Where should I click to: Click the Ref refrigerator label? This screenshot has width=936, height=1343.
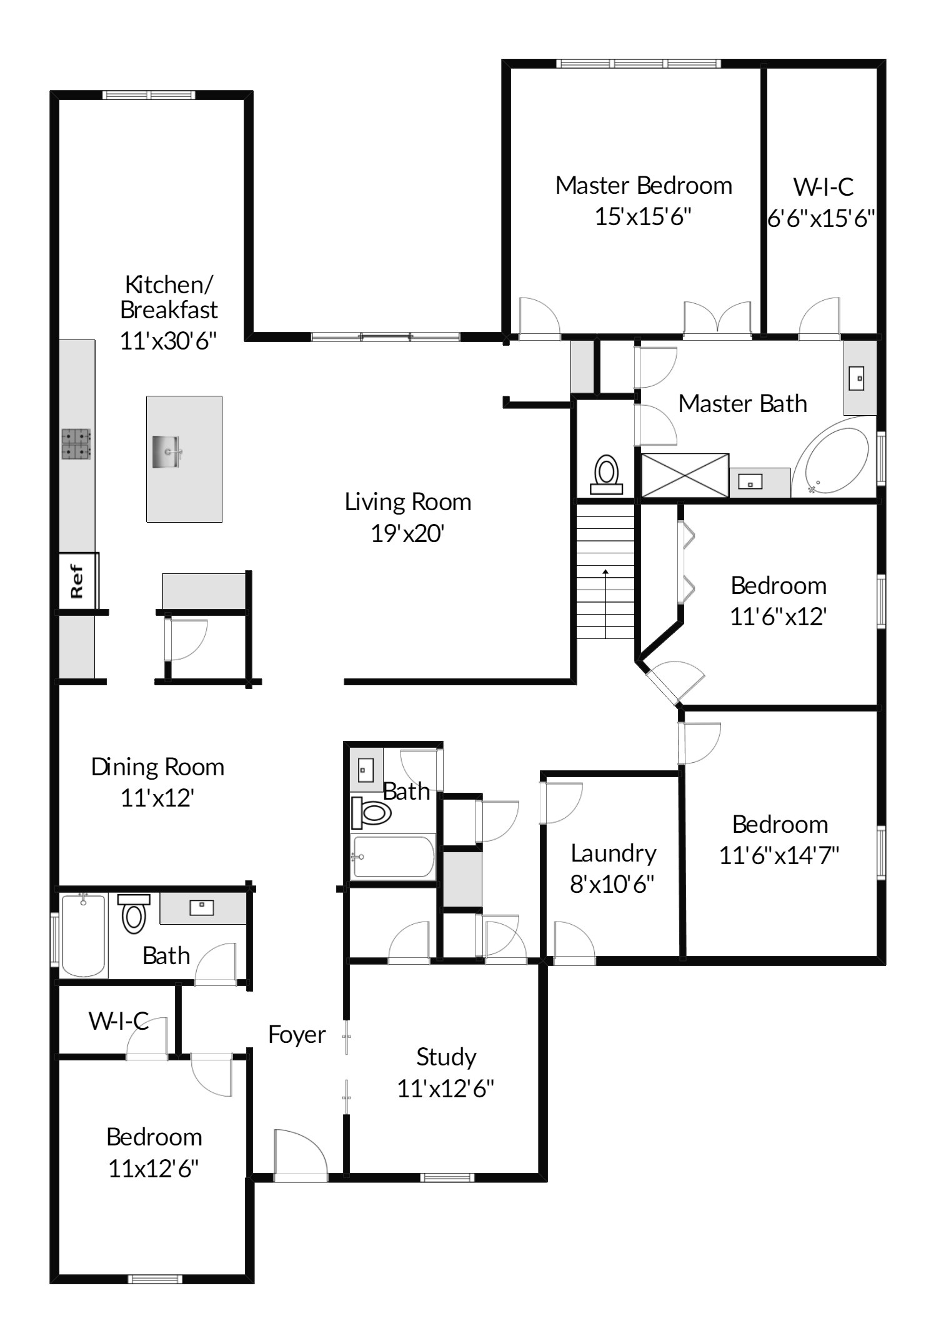[x=77, y=581]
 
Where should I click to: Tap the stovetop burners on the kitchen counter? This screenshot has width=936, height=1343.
[x=76, y=444]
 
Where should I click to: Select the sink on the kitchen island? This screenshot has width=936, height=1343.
[x=167, y=451]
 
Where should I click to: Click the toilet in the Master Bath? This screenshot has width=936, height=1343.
[x=606, y=475]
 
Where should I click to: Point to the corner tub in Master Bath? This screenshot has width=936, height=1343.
[x=834, y=461]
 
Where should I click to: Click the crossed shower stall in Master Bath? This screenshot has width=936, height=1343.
[x=685, y=476]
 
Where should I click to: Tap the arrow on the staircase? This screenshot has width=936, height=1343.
[x=605, y=603]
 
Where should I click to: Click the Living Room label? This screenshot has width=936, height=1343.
[x=408, y=502]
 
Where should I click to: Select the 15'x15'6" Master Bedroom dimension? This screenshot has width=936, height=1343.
[x=643, y=217]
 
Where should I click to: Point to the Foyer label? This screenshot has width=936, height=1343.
[x=297, y=1035]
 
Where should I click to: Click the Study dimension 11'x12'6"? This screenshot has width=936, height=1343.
[x=446, y=1089]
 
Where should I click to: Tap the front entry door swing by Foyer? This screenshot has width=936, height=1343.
[x=301, y=1155]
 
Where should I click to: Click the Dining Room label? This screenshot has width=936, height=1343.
[x=157, y=767]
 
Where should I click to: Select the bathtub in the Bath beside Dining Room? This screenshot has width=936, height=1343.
[x=84, y=935]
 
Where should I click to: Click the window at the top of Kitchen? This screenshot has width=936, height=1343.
[x=149, y=95]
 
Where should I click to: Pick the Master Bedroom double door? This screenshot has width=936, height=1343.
[x=718, y=321]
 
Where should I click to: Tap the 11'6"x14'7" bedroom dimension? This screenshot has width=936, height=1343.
[x=779, y=855]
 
